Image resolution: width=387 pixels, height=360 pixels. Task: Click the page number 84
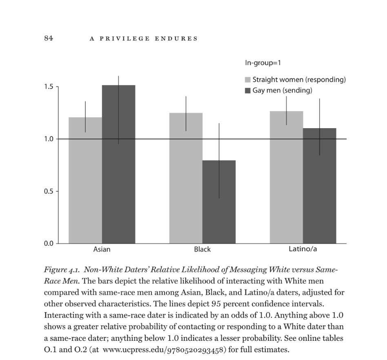pos(49,38)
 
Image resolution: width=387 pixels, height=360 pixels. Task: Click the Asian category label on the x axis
pos(102,249)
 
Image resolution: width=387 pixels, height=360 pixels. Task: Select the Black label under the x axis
pos(202,249)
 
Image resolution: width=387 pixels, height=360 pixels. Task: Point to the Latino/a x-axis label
pos(303,249)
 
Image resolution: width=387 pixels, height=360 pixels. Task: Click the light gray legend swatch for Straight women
pos(247,79)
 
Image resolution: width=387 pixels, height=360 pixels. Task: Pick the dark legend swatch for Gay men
pos(247,90)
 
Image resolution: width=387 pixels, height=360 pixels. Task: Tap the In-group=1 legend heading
pos(263,63)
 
